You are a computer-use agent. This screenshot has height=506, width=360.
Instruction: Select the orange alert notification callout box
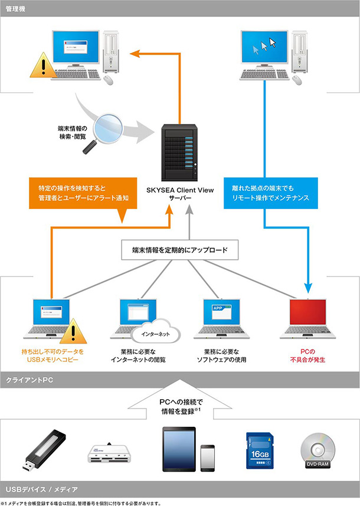pos(83,193)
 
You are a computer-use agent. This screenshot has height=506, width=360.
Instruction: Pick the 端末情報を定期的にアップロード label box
pos(180,250)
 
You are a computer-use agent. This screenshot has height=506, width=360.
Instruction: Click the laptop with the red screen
pos(308,322)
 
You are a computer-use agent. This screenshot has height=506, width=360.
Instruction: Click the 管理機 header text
pos(15,8)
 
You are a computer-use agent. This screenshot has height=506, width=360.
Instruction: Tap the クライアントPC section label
pos(30,379)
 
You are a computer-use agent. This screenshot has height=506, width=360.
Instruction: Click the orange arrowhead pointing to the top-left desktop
pos(135,53)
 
